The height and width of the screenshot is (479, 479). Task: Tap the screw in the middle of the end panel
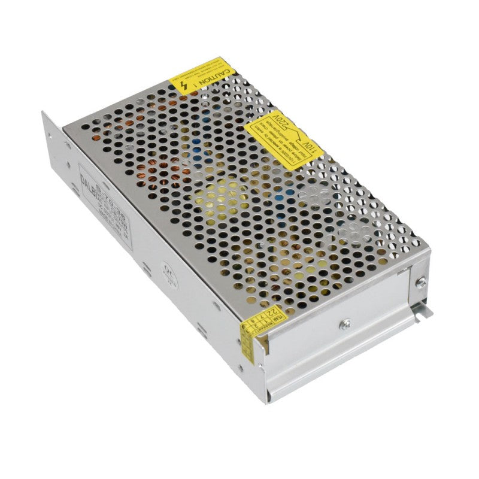pos(344,325)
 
